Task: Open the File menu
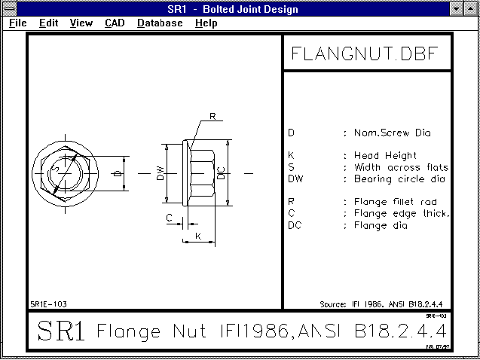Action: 18,23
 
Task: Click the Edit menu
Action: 49,23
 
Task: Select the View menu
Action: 81,23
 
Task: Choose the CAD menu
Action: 115,23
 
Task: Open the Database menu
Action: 160,23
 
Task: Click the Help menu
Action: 206,23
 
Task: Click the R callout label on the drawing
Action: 212,117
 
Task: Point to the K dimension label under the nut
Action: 198,236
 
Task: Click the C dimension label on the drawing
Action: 170,218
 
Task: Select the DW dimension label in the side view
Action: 160,173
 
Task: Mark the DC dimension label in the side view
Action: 220,173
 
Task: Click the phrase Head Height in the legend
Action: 384,156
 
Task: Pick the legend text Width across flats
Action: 401,167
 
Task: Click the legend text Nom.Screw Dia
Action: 393,133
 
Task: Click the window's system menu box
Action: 10,9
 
